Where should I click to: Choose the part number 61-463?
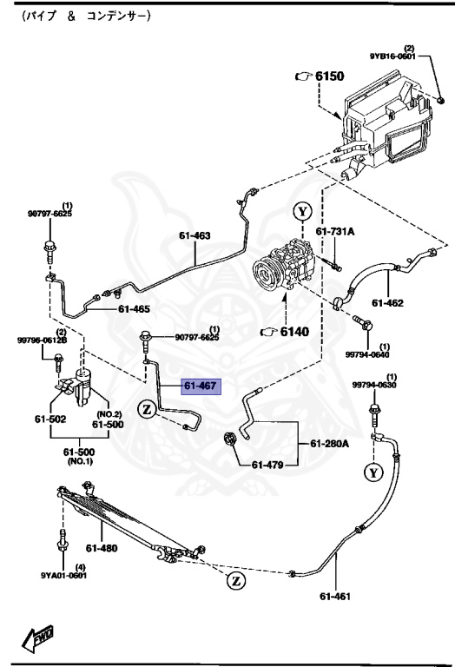pyautogui.click(x=195, y=234)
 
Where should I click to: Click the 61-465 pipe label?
pyautogui.click(x=134, y=308)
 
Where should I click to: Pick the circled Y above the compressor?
pyautogui.click(x=301, y=211)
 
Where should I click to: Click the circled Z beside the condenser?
pyautogui.click(x=235, y=580)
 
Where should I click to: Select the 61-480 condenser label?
pyautogui.click(x=102, y=547)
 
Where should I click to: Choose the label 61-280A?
pyautogui.click(x=330, y=444)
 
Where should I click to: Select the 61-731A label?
pyautogui.click(x=335, y=232)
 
